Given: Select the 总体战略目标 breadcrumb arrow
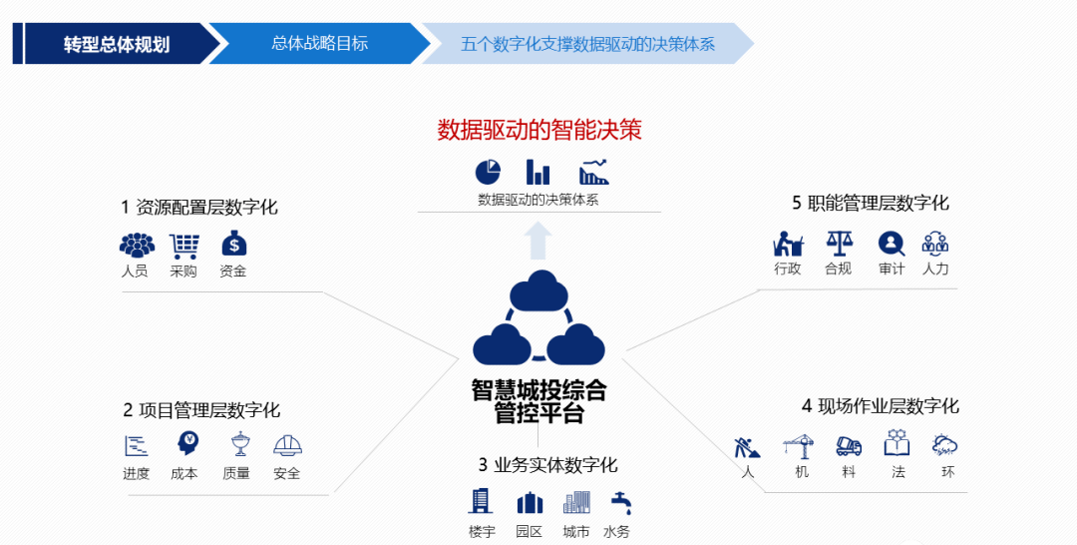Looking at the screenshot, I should tap(319, 44).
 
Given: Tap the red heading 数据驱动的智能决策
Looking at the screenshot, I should tap(538, 130).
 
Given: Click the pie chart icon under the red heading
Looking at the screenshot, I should tap(488, 172).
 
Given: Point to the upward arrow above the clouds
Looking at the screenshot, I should tap(538, 241).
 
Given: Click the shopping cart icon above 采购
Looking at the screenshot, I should tap(183, 245).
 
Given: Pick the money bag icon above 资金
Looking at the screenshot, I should tap(233, 244).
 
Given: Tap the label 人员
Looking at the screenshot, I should tap(135, 271).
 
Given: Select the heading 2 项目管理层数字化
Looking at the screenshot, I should tap(201, 410).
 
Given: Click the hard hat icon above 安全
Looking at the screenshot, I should tap(287, 445).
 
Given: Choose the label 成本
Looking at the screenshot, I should tap(184, 473).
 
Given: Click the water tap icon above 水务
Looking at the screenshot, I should tap(622, 502).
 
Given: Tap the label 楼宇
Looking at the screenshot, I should tap(482, 531).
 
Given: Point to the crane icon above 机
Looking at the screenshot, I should tap(800, 445).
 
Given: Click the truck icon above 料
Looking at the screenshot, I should tap(849, 445).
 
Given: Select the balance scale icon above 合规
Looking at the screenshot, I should tap(839, 243).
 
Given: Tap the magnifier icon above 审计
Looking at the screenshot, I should tap(891, 243).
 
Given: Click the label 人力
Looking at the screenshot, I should tap(935, 269).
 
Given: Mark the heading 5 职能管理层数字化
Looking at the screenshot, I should tap(871, 204).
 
